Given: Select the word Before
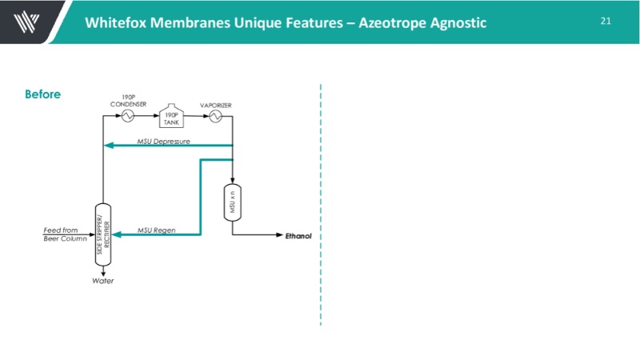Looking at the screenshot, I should tap(42, 94).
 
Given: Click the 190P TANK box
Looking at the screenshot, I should tap(170, 117).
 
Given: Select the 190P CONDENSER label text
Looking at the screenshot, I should tap(128, 101).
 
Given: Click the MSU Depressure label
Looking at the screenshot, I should tap(163, 140).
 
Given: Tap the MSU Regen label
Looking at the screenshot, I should tap(156, 230).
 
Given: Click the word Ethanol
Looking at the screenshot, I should tap(298, 236).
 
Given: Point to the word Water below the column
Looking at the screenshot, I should tap(102, 281).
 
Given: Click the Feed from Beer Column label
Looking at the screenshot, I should tap(65, 234).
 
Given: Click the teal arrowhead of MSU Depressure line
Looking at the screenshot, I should tap(110, 146).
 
